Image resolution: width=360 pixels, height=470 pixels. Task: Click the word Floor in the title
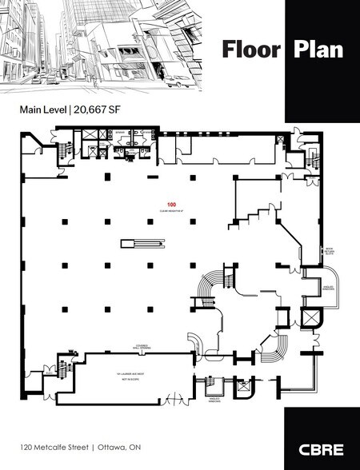[251, 50]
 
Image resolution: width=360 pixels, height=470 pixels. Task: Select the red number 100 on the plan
[170, 204]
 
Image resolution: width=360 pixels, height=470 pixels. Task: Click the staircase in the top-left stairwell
[65, 148]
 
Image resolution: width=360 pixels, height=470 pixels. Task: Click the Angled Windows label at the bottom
[214, 398]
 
